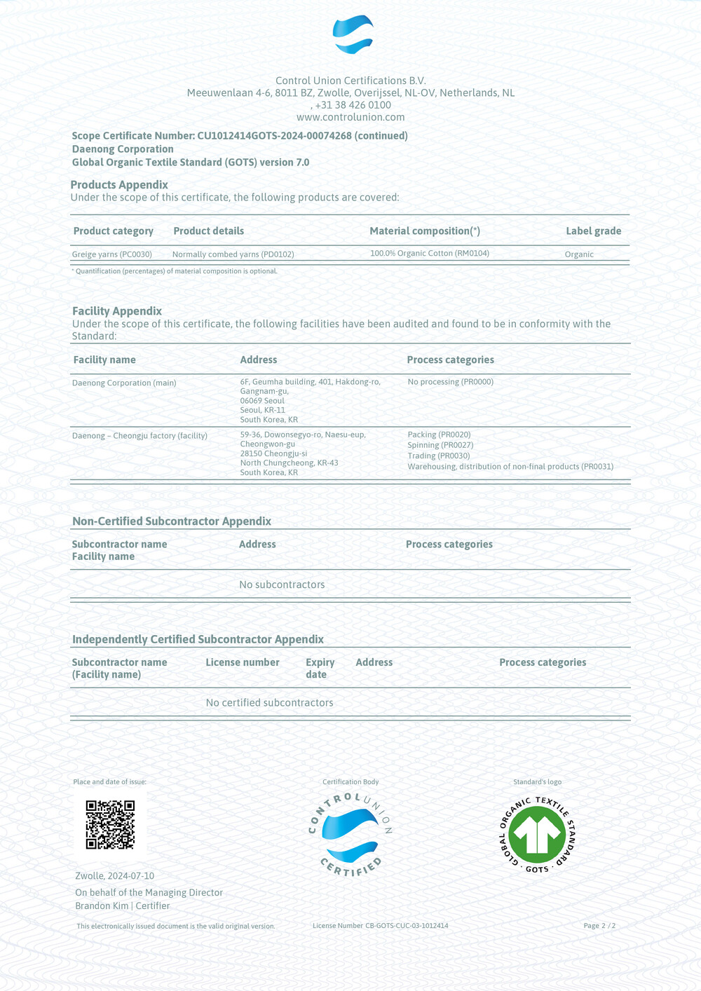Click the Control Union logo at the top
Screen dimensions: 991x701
pyautogui.click(x=353, y=34)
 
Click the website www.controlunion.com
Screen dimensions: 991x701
pyautogui.click(x=350, y=117)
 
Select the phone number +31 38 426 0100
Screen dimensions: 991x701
pyautogui.click(x=353, y=105)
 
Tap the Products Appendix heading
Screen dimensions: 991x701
pyautogui.click(x=119, y=185)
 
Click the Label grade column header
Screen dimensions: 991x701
pyautogui.click(x=593, y=231)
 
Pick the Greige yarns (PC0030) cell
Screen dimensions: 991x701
pyautogui.click(x=112, y=254)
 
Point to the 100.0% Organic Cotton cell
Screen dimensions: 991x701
pyautogui.click(x=429, y=254)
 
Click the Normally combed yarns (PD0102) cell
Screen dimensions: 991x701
pyautogui.click(x=233, y=254)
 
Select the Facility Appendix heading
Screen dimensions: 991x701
pyautogui.click(x=117, y=311)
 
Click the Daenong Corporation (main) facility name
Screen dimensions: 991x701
pyautogui.click(x=124, y=383)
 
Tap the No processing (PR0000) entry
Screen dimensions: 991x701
pyautogui.click(x=450, y=382)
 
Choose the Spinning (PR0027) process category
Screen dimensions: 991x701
pyautogui.click(x=440, y=445)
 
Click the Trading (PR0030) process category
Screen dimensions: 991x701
pyautogui.click(x=439, y=456)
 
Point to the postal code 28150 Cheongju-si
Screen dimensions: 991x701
pyautogui.click(x=273, y=453)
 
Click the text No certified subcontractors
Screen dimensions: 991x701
pyautogui.click(x=269, y=703)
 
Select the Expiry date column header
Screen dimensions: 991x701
pyautogui.click(x=320, y=668)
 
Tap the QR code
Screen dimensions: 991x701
pyautogui.click(x=110, y=825)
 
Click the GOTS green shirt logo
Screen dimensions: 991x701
pyautogui.click(x=537, y=834)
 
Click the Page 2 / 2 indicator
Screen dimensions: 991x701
pyautogui.click(x=599, y=926)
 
